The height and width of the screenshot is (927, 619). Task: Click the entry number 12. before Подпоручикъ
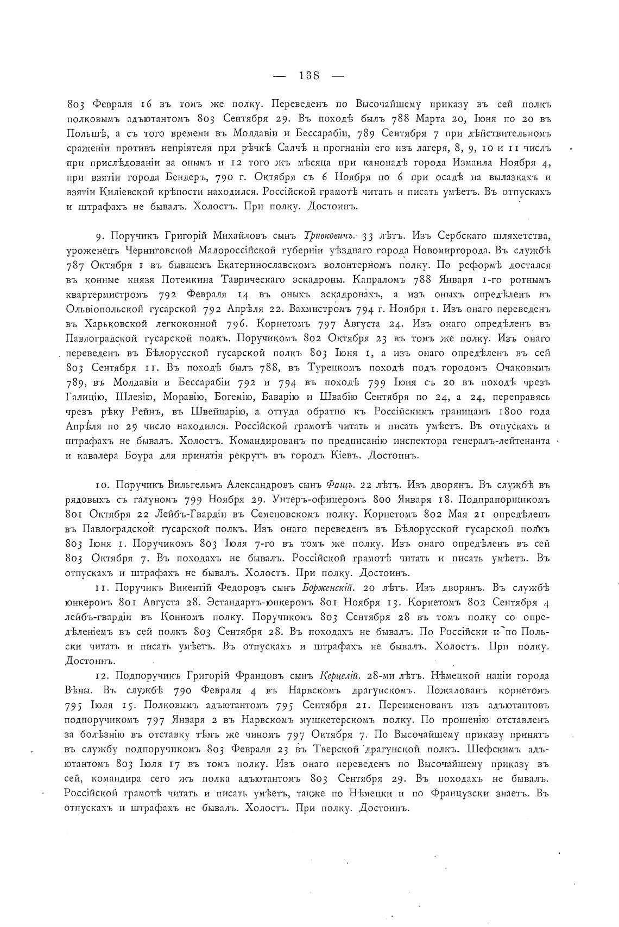tap(102, 676)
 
